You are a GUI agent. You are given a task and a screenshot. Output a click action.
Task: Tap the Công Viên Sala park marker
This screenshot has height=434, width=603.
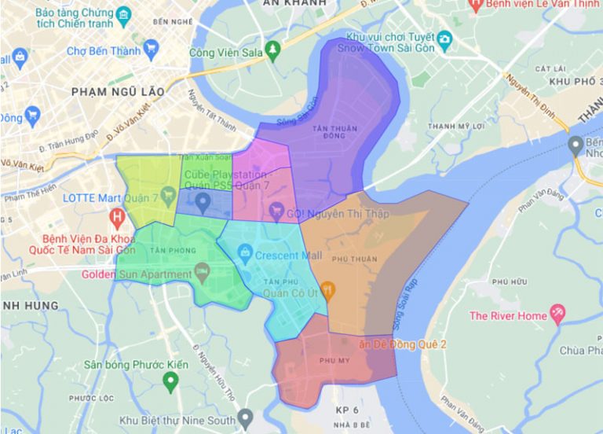[272, 51]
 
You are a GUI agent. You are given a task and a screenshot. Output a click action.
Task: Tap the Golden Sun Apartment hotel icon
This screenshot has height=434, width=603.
[203, 274]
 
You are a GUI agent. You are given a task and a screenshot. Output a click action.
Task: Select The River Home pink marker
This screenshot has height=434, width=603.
[557, 314]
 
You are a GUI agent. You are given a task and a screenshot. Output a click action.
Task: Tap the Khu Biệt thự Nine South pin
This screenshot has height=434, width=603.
[246, 417]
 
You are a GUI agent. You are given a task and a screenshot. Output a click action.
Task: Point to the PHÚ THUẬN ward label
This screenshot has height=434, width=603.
[354, 259]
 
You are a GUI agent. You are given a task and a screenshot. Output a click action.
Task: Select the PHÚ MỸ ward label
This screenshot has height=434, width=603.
[334, 361]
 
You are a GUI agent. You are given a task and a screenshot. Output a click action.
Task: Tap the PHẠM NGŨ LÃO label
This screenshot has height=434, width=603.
[118, 92]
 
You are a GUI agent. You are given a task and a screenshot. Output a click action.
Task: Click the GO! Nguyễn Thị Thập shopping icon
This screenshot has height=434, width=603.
[276, 211]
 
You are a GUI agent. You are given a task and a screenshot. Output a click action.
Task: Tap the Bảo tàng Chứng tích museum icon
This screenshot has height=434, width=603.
[123, 15]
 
